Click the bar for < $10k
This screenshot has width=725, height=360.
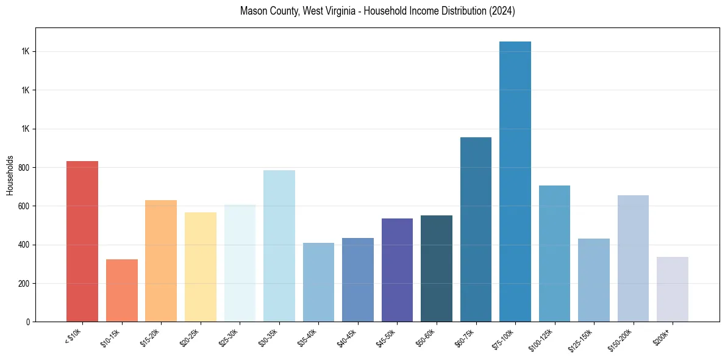click(82, 241)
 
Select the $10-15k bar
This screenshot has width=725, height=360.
click(122, 290)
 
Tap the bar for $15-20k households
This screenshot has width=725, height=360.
click(161, 261)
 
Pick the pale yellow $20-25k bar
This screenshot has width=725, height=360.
click(201, 267)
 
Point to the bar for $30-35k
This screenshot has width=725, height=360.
click(279, 246)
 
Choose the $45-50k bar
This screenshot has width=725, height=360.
click(397, 270)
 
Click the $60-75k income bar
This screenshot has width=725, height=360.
click(476, 229)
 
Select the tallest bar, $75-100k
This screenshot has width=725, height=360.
click(515, 181)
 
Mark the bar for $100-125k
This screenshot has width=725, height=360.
click(554, 253)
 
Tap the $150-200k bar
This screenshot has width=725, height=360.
click(633, 258)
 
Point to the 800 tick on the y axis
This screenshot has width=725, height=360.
click(25, 168)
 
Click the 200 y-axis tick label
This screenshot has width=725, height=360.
click(25, 284)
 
